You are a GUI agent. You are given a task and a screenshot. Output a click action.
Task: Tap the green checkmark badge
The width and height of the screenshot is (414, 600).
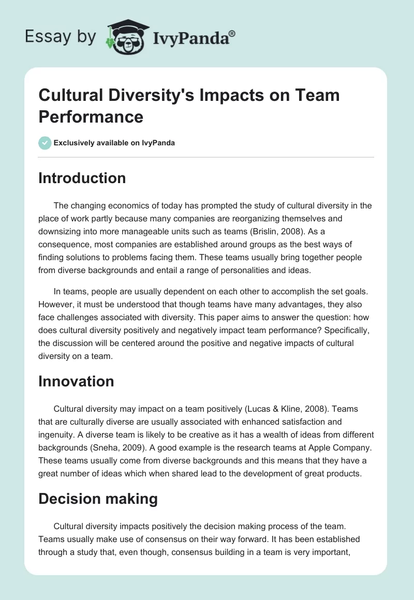point(45,143)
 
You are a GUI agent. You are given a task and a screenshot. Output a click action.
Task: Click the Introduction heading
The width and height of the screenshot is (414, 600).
point(82,178)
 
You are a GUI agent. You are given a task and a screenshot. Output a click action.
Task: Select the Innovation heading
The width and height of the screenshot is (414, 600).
point(76,381)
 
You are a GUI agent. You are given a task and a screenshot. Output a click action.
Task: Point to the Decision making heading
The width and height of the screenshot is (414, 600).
point(98,499)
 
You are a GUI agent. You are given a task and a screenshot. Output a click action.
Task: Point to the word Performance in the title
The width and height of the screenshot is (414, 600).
point(91,116)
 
